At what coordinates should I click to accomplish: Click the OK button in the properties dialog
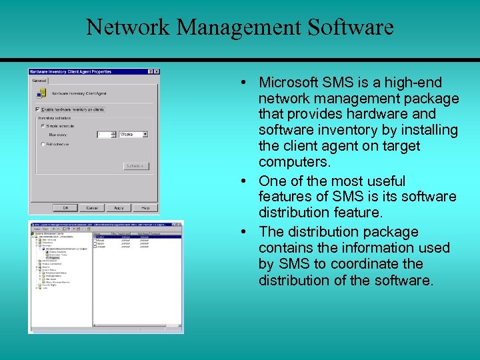(x=65, y=207)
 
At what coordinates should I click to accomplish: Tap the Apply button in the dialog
(x=119, y=207)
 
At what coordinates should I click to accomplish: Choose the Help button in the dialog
(x=145, y=207)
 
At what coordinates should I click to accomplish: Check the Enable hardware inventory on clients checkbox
(x=37, y=109)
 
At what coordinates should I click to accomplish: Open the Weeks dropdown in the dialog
(x=145, y=134)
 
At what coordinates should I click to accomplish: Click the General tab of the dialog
(x=40, y=80)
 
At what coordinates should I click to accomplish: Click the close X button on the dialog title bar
(x=155, y=71)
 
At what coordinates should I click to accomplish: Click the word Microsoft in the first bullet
(x=289, y=83)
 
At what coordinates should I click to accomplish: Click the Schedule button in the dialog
(x=135, y=166)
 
